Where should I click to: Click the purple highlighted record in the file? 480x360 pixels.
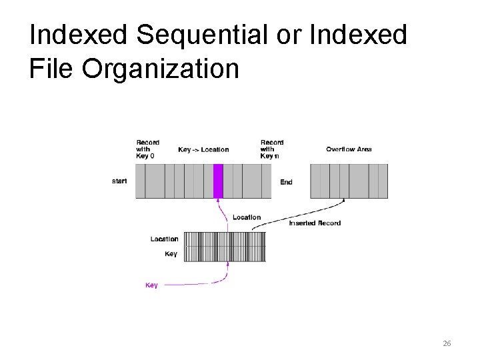point(218,181)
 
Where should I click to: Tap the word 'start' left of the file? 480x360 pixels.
point(120,180)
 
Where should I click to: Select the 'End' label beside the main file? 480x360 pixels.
point(286,182)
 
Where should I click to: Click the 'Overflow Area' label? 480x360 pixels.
point(349,149)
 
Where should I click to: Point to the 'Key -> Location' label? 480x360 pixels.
point(203,149)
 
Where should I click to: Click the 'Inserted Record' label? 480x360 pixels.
point(315,223)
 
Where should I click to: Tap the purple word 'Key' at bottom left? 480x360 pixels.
point(151,285)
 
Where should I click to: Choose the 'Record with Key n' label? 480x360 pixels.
point(271,149)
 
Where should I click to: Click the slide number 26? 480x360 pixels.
point(447,343)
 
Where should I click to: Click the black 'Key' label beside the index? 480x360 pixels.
point(171,254)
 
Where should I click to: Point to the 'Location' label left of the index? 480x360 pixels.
point(164,239)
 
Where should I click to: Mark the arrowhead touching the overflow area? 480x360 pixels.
point(344,200)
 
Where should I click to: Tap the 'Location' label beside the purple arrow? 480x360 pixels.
point(247,217)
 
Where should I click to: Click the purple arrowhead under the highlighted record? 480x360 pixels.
point(218,201)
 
